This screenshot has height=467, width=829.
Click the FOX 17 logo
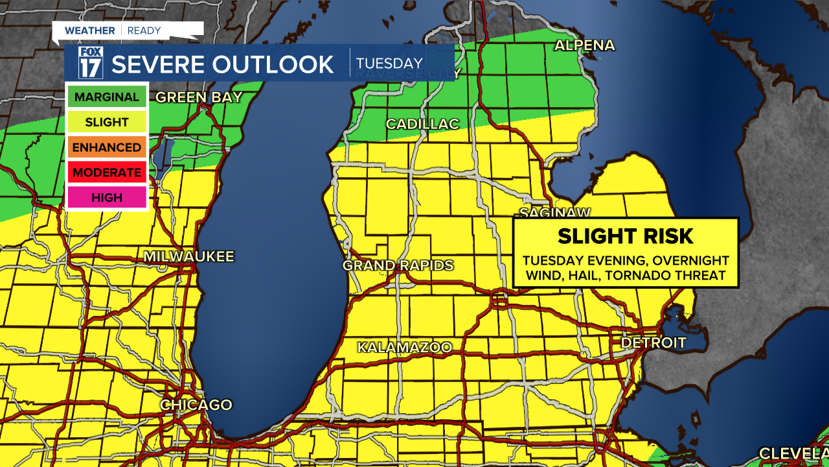pos(90,63)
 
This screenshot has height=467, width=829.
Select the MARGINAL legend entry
pos(107,97)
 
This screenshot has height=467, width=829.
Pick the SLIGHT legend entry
pos(107,123)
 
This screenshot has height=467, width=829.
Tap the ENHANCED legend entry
pos(107,147)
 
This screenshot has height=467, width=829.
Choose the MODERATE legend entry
pos(107,173)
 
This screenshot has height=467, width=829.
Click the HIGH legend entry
pos(107,197)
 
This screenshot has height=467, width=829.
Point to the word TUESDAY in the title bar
pos(389,64)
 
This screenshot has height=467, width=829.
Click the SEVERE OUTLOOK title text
pos(223,64)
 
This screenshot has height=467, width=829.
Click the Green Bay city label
pos(199,97)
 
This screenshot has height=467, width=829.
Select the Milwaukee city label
pos(188,256)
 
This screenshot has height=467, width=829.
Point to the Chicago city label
pos(196,405)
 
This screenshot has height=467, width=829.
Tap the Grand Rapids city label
pos(398,265)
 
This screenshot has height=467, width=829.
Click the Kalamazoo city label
pos(405,348)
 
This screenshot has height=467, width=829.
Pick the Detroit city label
pos(653,342)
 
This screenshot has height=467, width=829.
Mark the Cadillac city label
pos(422,124)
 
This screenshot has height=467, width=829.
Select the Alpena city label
pos(584,45)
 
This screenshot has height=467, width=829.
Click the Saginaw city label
pos(556,213)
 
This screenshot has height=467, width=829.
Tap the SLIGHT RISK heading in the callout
pos(626,236)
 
